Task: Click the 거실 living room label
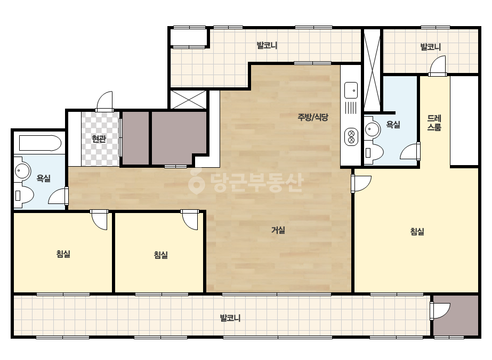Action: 278,230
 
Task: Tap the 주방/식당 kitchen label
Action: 313,117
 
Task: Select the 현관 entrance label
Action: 99,138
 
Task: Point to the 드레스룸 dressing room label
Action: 434,122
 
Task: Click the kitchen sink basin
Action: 351,91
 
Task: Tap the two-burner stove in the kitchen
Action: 351,137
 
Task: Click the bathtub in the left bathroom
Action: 40,143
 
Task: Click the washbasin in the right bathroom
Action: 373,129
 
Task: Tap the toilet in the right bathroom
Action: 374,152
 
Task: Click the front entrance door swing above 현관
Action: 104,101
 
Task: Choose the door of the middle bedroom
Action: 190,219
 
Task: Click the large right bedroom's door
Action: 361,183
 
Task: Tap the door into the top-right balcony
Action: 438,66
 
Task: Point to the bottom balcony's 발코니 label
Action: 230,318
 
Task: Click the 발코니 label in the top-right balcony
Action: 431,47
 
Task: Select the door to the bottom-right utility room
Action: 440,310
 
